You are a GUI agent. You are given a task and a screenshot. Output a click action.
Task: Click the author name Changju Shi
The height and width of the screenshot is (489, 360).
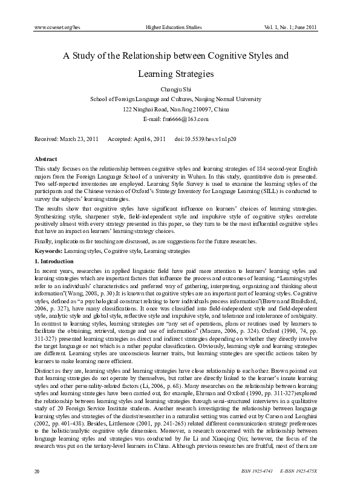[175, 89]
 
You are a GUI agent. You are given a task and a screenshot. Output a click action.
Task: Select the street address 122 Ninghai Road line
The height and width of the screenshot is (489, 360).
[175, 109]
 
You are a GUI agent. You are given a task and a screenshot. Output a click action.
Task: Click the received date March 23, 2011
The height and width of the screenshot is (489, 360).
[77, 139]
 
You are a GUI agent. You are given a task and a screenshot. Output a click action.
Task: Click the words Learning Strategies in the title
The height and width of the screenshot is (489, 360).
[175, 73]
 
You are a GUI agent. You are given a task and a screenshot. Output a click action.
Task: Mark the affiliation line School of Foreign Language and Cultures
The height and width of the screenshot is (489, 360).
[175, 99]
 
